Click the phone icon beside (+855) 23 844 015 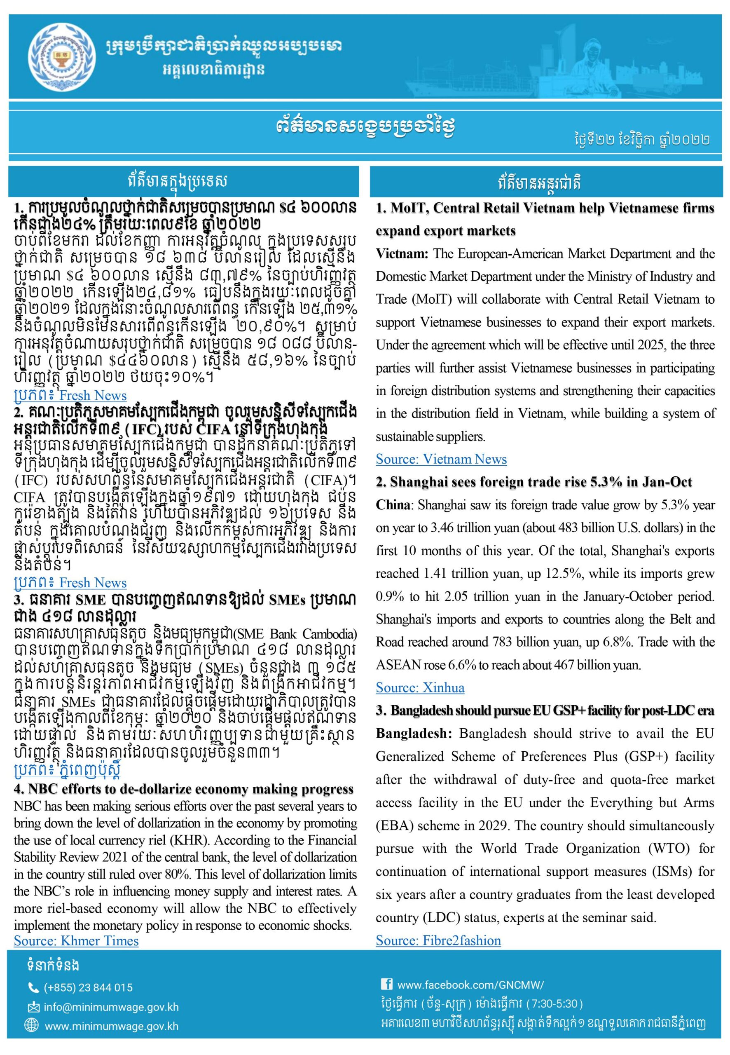coord(33,987)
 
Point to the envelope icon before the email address coord(33,1007)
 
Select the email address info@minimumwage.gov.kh coord(111,1007)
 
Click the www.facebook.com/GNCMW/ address coord(470,985)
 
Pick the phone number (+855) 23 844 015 coord(88,987)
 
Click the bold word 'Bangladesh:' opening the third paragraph coord(414,734)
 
